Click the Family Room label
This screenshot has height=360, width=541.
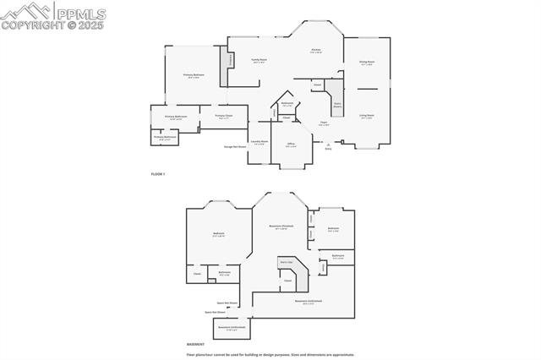coord(259,60)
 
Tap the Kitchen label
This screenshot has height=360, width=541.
coord(315,51)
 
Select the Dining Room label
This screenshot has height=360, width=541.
coord(367,62)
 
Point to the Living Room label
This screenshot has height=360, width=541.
coord(367,116)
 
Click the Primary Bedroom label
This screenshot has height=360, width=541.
coord(194,76)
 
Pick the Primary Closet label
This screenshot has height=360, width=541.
coord(223,116)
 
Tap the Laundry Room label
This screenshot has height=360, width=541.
coord(260,142)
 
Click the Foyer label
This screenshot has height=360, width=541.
coord(323,123)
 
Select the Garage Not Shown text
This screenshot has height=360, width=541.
coord(235,146)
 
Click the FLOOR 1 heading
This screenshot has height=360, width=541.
coord(158,174)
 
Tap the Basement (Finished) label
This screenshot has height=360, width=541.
coord(281,227)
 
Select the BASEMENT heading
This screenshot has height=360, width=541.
coord(196,345)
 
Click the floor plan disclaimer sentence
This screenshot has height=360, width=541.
coord(271,355)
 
